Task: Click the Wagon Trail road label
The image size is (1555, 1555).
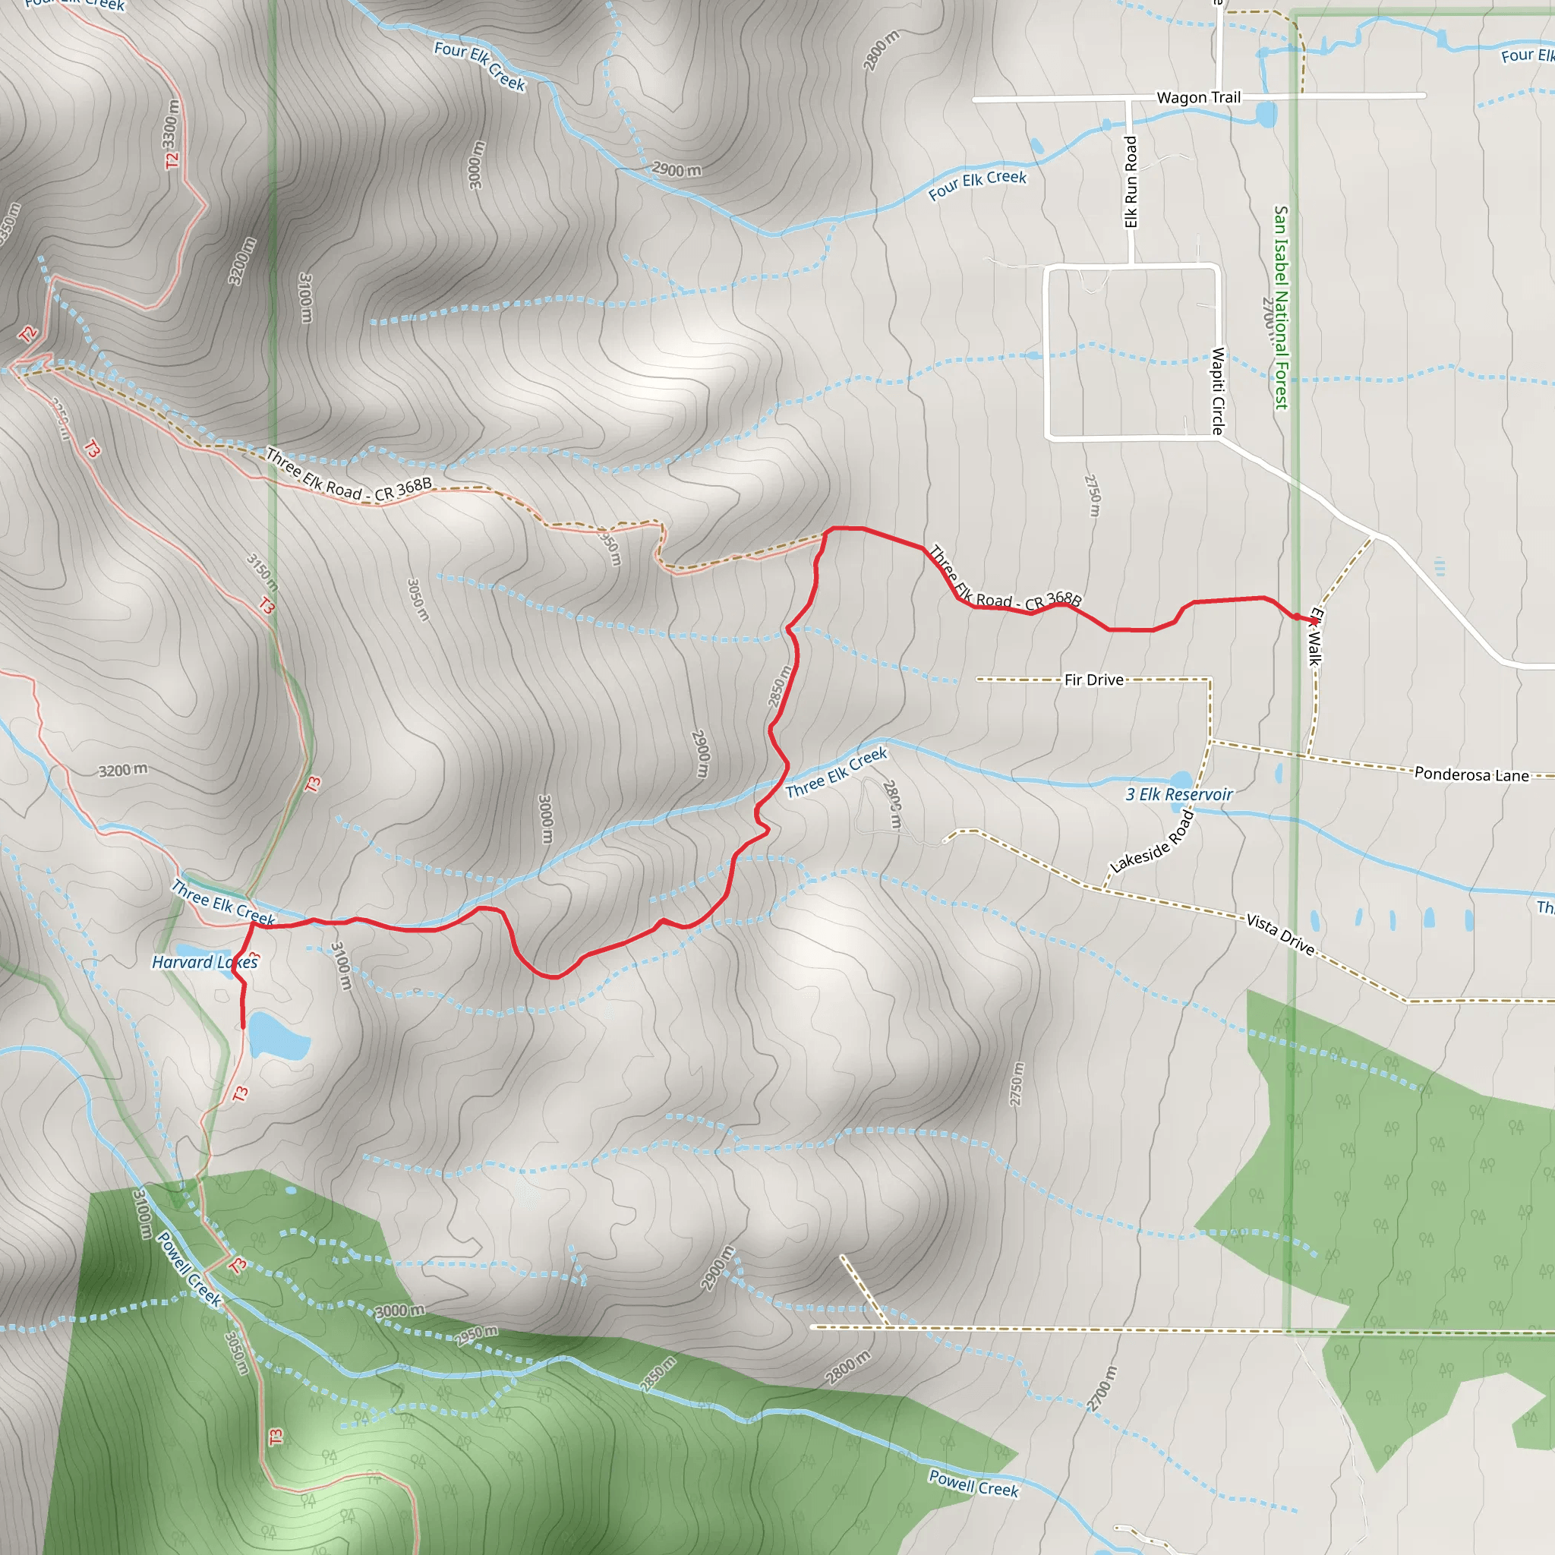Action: (x=1198, y=97)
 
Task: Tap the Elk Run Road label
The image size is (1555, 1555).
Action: (x=1131, y=182)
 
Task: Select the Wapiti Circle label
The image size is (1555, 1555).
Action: (x=1218, y=391)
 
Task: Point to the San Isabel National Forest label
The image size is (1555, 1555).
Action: (x=1282, y=308)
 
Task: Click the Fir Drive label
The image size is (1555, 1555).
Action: (x=1094, y=680)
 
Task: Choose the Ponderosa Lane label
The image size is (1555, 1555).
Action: (x=1471, y=774)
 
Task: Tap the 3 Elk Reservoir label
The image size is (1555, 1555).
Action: (x=1178, y=794)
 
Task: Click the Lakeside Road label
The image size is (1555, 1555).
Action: (x=1152, y=842)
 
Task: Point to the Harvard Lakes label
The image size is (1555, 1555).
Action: (x=204, y=962)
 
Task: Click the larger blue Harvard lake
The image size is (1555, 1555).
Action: (x=278, y=1036)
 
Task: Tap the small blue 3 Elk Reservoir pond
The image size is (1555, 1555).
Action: (x=1181, y=780)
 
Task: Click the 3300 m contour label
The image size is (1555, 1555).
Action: (x=170, y=122)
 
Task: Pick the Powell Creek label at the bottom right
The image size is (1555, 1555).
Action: (x=973, y=1483)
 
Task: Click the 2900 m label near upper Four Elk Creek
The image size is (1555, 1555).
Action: (x=676, y=170)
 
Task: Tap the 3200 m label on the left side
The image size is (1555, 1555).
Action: (x=123, y=770)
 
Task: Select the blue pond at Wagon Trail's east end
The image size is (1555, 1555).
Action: (x=1266, y=115)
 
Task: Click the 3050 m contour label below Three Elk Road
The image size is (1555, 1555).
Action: (x=418, y=600)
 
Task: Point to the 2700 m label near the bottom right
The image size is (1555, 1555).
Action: (x=1102, y=1389)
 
